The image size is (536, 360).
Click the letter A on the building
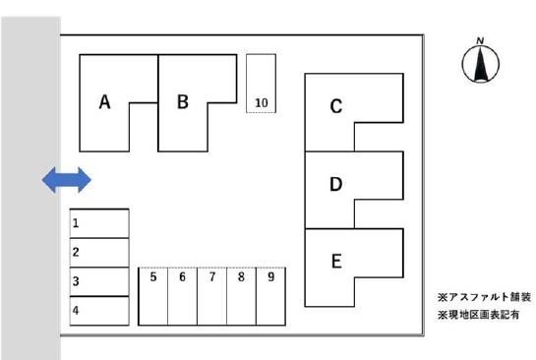pyautogui.click(x=104, y=102)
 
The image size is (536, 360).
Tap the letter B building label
pyautogui.click(x=183, y=101)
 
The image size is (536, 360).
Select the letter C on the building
pyautogui.click(x=336, y=106)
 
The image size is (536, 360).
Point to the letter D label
pyautogui.click(x=336, y=184)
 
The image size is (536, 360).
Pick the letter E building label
pyautogui.click(x=336, y=262)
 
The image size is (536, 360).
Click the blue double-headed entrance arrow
pyautogui.click(x=67, y=180)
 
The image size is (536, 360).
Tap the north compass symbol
pyautogui.click(x=480, y=64)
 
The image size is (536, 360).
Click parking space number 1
pyautogui.click(x=99, y=223)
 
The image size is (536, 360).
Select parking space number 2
pyautogui.click(x=99, y=253)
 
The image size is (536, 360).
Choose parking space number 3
pyautogui.click(x=99, y=281)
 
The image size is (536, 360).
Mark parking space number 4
pyautogui.click(x=99, y=311)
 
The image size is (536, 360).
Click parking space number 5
pyautogui.click(x=153, y=296)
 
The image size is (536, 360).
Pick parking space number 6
pyautogui.click(x=183, y=296)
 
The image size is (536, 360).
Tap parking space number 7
pyautogui.click(x=211, y=296)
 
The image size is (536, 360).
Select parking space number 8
pyautogui.click(x=241, y=296)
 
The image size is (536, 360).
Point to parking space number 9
pyautogui.click(x=270, y=296)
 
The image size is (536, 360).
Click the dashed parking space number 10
pyautogui.click(x=262, y=84)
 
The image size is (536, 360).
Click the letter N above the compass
pyautogui.click(x=480, y=40)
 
